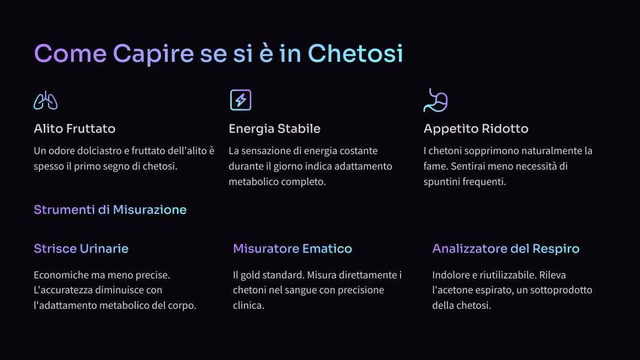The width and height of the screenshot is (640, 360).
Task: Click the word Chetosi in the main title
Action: [355, 53]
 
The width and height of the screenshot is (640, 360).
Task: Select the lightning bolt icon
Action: [241, 100]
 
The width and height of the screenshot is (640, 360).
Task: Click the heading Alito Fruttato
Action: [74, 129]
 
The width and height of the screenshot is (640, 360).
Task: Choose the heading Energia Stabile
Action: [274, 129]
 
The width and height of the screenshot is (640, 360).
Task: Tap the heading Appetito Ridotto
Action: [476, 129]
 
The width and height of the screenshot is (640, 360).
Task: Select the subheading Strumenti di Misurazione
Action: [110, 209]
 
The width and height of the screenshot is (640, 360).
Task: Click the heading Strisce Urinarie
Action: [81, 249]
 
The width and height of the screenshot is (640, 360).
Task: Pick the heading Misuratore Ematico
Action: [292, 249]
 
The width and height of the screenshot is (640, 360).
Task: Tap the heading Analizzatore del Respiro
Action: [506, 249]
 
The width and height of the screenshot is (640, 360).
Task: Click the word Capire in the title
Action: [153, 54]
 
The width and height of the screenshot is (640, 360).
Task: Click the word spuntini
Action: [440, 182]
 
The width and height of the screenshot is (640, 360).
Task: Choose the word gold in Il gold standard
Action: [250, 275]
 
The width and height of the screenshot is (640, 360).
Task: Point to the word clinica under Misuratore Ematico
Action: [249, 305]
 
